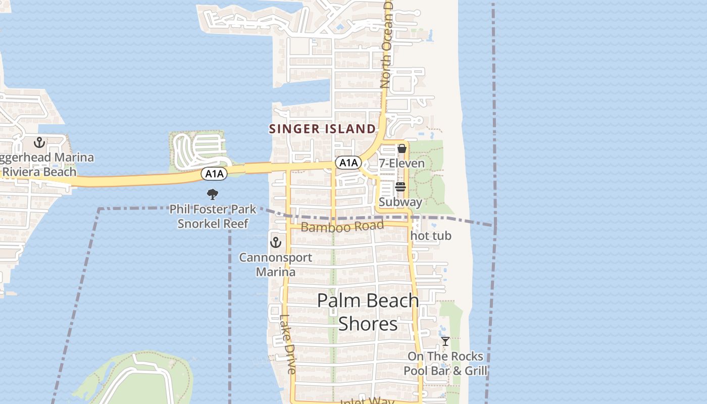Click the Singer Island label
tap(322, 129)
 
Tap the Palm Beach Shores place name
tap(368, 312)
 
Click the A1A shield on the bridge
tap(214, 174)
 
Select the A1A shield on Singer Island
tap(348, 163)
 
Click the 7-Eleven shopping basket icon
tap(402, 148)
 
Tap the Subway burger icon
tap(400, 187)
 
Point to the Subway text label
tap(400, 202)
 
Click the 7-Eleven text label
tap(402, 164)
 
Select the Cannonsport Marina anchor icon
tap(275, 242)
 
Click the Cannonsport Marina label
tap(275, 265)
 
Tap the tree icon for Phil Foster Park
tap(213, 194)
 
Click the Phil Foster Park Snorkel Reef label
tap(213, 216)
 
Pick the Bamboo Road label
tap(342, 226)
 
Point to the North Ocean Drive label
tap(387, 45)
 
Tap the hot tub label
tap(431, 236)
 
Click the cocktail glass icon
tap(445, 341)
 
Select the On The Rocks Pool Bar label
tap(445, 364)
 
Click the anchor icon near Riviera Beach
tap(39, 142)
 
